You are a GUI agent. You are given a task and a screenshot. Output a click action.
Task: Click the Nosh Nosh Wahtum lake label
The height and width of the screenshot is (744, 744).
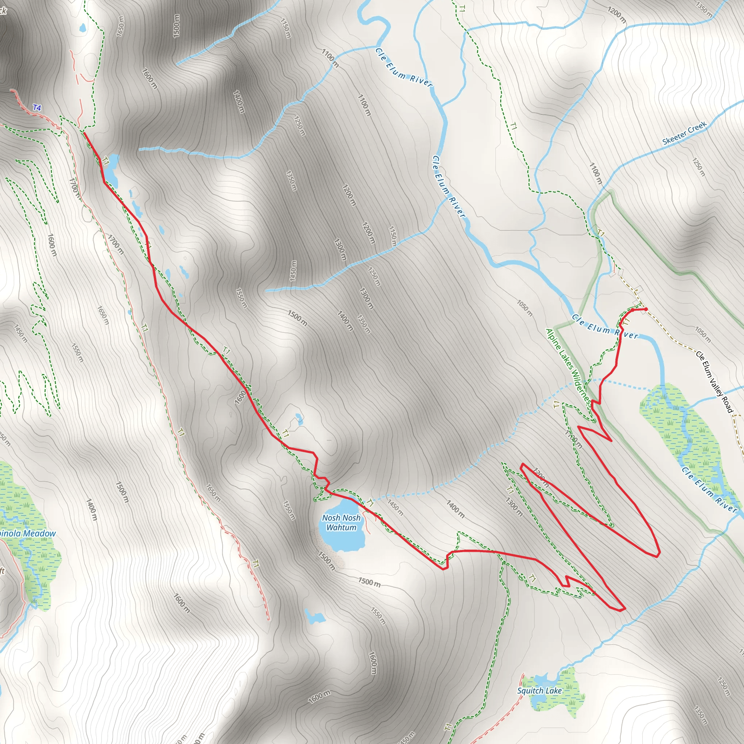pyautogui.click(x=341, y=522)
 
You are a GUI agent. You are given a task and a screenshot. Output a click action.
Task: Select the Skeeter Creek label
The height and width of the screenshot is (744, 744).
pyautogui.click(x=684, y=133)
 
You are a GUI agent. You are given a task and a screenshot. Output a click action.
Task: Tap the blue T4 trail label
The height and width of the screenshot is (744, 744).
pyautogui.click(x=37, y=108)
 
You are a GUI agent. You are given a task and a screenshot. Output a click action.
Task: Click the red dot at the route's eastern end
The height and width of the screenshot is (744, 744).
pyautogui.click(x=646, y=309)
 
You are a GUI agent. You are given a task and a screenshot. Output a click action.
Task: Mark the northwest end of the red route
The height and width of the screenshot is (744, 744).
pyautogui.click(x=84, y=133)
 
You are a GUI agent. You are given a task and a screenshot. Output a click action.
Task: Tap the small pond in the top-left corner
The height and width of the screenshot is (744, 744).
pyautogui.click(x=82, y=28)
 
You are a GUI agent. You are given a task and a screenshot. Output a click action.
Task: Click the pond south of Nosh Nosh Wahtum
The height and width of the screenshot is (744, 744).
pyautogui.click(x=314, y=616)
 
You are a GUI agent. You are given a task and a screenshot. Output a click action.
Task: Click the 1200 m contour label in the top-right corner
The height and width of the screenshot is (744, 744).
pyautogui.click(x=617, y=15)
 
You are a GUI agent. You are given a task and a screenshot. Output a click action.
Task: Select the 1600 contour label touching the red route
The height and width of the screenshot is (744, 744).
pyautogui.click(x=240, y=397)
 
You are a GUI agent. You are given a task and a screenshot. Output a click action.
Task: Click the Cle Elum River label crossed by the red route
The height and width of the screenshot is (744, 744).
pyautogui.click(x=604, y=328)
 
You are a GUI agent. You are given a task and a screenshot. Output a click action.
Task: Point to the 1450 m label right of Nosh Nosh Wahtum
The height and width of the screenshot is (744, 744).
pyautogui.click(x=395, y=508)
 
